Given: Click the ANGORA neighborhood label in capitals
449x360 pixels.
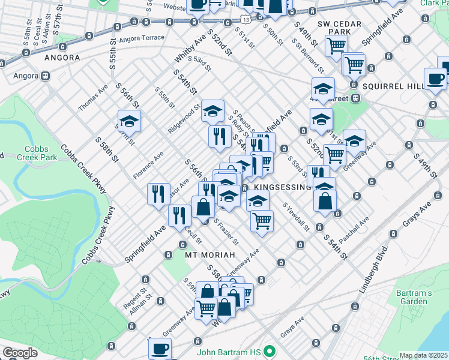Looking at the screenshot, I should [62, 58].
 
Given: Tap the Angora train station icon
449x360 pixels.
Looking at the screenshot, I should [45, 77].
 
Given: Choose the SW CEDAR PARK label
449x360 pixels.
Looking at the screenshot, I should [333, 28].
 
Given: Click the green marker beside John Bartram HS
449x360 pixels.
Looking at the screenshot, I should [270, 350].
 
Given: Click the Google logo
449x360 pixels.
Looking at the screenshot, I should [20, 353].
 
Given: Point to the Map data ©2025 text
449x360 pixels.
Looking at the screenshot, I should [424, 355].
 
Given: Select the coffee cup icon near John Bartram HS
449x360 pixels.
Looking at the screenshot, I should [160, 347].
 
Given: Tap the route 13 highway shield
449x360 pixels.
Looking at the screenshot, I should [246, 20].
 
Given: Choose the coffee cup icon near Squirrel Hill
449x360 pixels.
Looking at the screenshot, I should [435, 79].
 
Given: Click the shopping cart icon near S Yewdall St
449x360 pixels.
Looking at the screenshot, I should [262, 221].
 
